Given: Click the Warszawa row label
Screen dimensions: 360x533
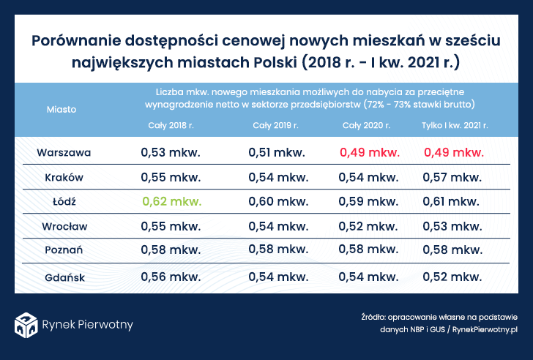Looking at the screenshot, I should (64, 153).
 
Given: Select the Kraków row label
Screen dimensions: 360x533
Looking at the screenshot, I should (64, 177).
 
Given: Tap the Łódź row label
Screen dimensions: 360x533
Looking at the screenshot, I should (64, 200).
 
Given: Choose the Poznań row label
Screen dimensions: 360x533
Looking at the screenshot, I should (64, 250).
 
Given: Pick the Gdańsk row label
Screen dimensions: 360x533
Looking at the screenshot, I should (64, 277).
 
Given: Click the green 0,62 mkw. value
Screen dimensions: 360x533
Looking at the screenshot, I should (171, 200).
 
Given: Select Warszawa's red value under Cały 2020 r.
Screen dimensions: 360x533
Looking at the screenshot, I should (370, 153).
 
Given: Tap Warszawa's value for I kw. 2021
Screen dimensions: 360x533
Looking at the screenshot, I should (454, 153).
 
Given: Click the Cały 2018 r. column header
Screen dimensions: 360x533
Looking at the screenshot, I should (170, 126).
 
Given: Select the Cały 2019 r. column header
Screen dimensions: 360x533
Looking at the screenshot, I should (275, 126).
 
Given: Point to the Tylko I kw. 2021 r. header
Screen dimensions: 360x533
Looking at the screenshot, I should (455, 126).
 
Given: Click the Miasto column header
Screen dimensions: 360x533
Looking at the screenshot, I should (61, 109).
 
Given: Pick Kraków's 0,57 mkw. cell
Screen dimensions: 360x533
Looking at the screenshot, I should (452, 177).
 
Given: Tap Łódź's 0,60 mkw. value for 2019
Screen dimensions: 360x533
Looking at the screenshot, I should (279, 200).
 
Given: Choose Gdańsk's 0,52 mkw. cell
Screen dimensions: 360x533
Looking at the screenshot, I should (452, 277).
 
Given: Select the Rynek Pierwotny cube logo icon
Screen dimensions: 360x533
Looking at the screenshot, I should (26, 323).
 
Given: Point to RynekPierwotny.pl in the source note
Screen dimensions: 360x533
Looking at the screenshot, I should (485, 330).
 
